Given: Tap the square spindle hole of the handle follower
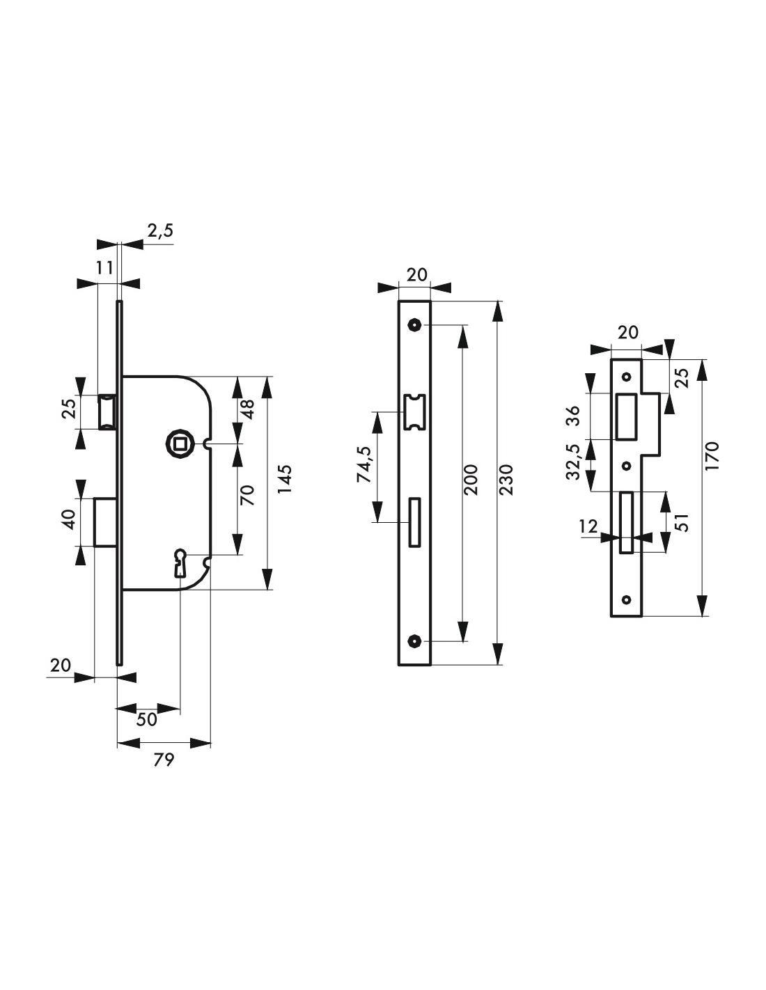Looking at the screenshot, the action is pyautogui.click(x=177, y=441).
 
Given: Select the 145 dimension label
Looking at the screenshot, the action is pyautogui.click(x=286, y=478).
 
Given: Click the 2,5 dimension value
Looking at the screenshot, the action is pyautogui.click(x=160, y=230).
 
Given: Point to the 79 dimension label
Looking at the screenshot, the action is pyautogui.click(x=164, y=760).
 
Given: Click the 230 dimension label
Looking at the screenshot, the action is pyautogui.click(x=506, y=480).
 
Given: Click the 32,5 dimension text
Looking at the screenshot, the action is pyautogui.click(x=574, y=462).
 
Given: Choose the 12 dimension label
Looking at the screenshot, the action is pyautogui.click(x=588, y=526).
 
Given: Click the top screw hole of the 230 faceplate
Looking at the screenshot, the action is pyautogui.click(x=414, y=325).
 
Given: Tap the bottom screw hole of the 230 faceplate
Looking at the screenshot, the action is pyautogui.click(x=414, y=641).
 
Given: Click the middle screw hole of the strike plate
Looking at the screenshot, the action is pyautogui.click(x=627, y=466).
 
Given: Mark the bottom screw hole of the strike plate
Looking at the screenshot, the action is pyautogui.click(x=627, y=600).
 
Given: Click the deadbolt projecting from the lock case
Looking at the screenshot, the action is pyautogui.click(x=105, y=522).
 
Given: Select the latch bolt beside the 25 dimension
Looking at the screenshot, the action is pyautogui.click(x=108, y=412).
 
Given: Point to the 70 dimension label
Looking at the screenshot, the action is pyautogui.click(x=247, y=495).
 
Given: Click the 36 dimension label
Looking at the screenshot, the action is pyautogui.click(x=574, y=415).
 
